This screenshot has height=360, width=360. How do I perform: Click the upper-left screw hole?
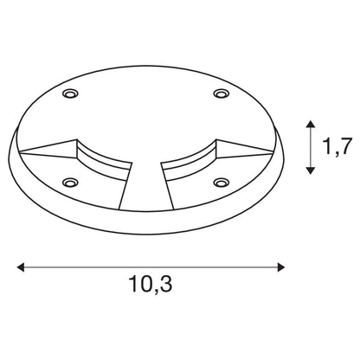click(x=71, y=93)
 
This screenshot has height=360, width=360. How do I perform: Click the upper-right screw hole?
click(x=221, y=93)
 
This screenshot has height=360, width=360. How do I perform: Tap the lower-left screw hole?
click(x=70, y=183)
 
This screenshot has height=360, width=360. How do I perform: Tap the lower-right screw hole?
click(x=222, y=183)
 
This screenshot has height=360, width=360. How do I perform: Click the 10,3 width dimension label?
click(x=151, y=284)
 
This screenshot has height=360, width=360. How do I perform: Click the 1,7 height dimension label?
click(x=337, y=146)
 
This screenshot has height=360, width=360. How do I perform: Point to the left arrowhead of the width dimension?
click(x=21, y=267)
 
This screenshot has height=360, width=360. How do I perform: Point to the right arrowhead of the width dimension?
click(x=281, y=267)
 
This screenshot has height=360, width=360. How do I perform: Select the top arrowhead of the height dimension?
click(x=310, y=125)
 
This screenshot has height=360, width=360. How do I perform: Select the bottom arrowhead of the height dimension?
click(x=310, y=170)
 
